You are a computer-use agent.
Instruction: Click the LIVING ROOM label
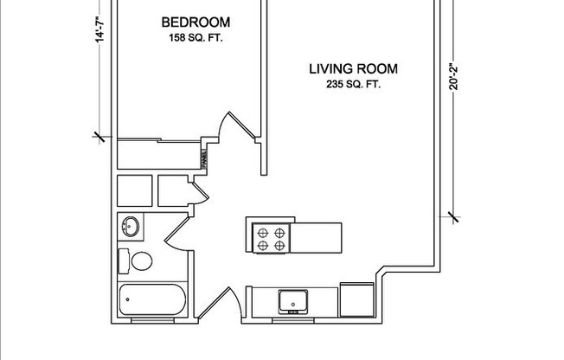click(348, 68)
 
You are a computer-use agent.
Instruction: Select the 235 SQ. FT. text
click(348, 85)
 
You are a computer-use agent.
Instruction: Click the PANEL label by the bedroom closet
click(204, 159)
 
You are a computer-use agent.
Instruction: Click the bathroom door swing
click(176, 233)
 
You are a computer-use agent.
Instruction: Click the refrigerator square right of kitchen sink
click(356, 299)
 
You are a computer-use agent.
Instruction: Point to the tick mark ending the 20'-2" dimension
click(452, 216)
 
